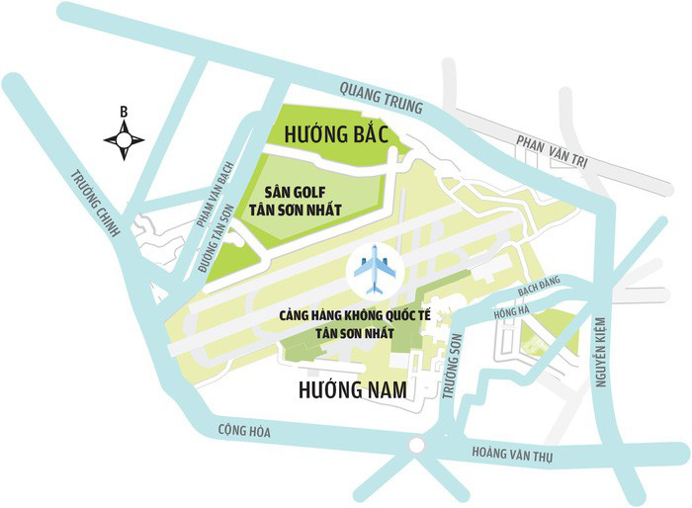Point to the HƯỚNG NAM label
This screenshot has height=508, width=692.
(352, 391)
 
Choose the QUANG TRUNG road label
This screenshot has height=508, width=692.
(380, 96)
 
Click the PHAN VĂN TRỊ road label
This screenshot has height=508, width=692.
(552, 147)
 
